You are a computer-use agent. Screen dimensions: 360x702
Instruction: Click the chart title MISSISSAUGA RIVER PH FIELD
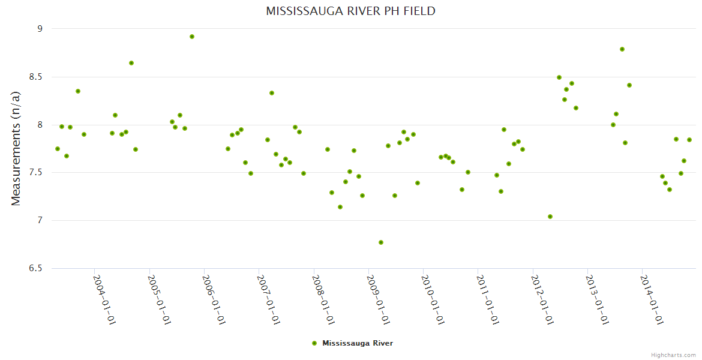(x=350, y=11)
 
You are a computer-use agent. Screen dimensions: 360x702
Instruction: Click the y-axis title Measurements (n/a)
(x=16, y=149)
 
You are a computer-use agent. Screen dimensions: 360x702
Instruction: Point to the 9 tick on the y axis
(x=40, y=29)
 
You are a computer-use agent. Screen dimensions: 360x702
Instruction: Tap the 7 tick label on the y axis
(x=40, y=221)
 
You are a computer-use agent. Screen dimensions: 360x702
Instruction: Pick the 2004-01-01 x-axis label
(x=104, y=300)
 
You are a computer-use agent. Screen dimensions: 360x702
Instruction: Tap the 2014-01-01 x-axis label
(x=652, y=300)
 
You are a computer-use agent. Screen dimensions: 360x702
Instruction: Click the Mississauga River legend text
(x=358, y=343)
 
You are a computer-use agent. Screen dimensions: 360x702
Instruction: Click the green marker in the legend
(x=314, y=343)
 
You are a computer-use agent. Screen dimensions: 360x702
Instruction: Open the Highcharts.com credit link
(x=673, y=355)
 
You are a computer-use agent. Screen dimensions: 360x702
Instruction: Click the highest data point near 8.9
(x=192, y=37)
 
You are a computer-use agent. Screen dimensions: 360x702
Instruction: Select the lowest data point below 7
(x=381, y=242)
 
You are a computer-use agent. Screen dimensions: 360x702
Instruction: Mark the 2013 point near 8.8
(x=622, y=49)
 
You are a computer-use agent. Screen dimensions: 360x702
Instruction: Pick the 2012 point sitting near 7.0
(x=550, y=217)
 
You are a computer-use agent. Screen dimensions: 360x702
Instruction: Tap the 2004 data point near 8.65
(x=131, y=63)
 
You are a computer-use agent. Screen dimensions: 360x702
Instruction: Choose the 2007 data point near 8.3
(x=272, y=93)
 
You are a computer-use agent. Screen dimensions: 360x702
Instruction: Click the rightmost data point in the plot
(x=689, y=140)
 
